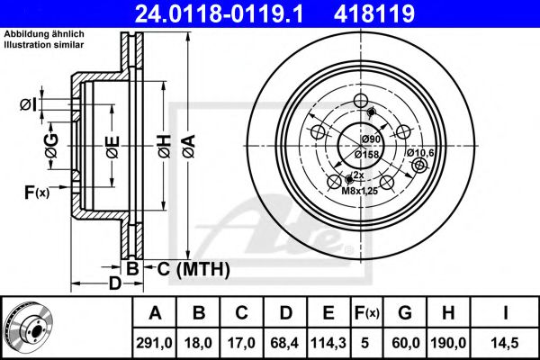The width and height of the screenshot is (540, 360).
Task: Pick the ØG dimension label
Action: [x=51, y=151]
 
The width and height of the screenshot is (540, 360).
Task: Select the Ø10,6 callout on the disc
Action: [x=420, y=152]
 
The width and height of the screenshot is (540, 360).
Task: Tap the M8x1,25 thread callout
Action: [x=360, y=190]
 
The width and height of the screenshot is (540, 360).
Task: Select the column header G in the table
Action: [x=405, y=313]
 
